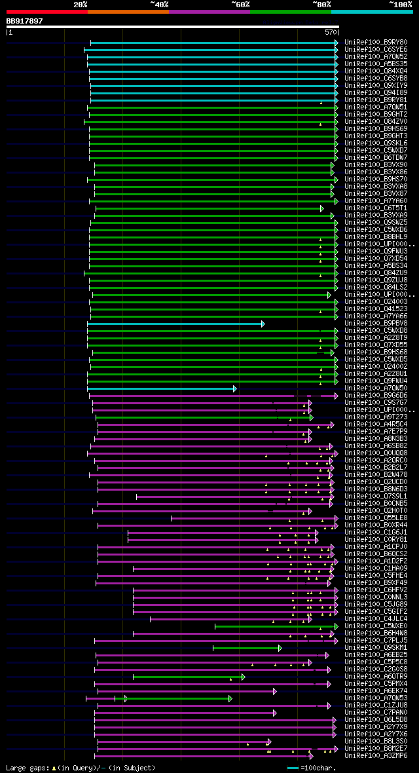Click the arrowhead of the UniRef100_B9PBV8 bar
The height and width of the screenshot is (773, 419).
tap(263, 324)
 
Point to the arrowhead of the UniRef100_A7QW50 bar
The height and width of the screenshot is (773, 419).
tap(234, 388)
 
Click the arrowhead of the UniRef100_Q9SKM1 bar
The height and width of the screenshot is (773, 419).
tap(280, 648)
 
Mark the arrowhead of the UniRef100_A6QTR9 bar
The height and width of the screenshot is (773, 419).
tap(243, 677)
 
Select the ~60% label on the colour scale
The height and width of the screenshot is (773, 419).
tap(240, 5)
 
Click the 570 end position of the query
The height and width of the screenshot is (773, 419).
tap(331, 31)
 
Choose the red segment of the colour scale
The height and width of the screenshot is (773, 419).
tap(46, 11)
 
